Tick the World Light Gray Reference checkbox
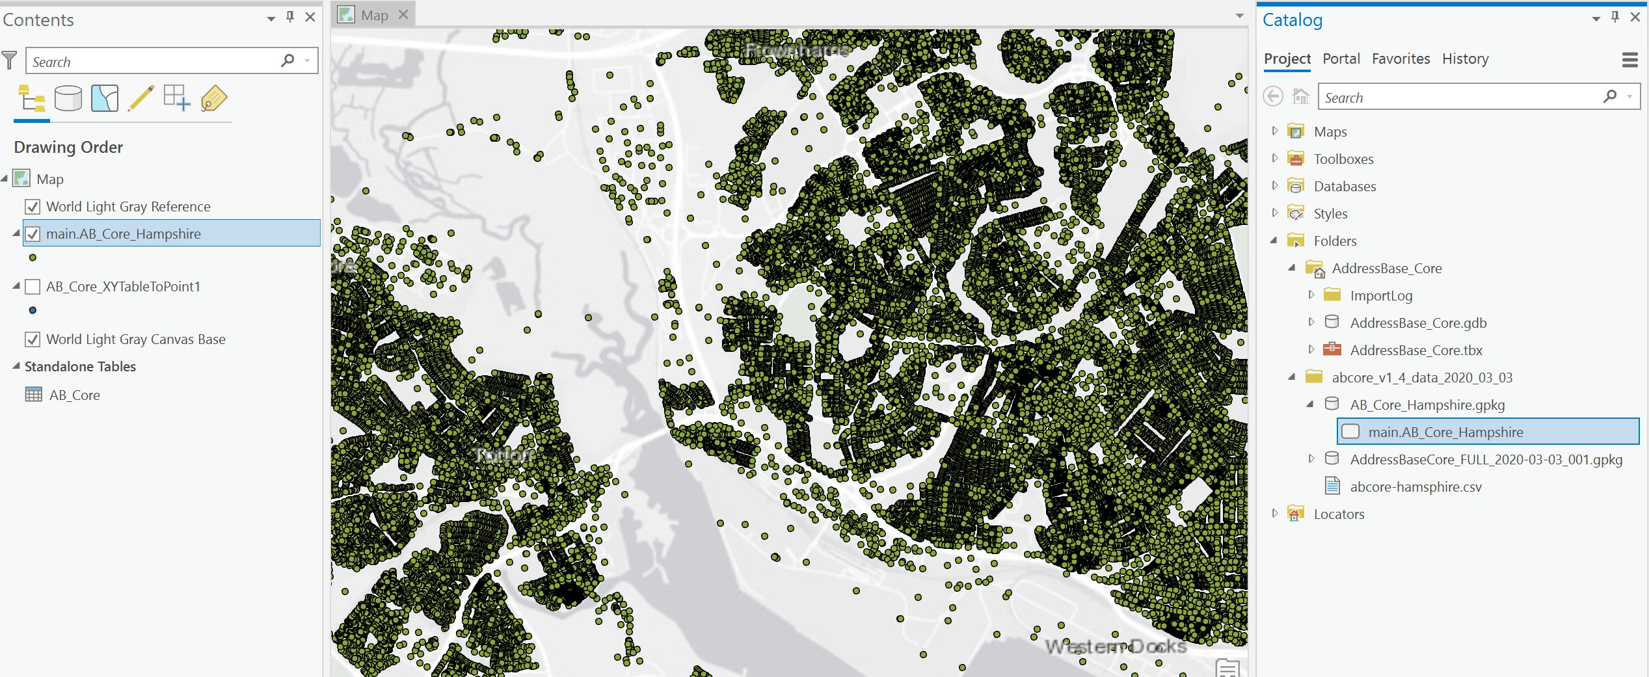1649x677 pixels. (33, 207)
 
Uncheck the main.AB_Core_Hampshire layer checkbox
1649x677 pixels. (33, 234)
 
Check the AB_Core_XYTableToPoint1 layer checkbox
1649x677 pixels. (33, 287)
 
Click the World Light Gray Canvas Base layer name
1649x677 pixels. (135, 339)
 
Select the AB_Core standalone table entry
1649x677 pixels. (74, 395)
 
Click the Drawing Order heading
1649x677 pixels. (68, 148)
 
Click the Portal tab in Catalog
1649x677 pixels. (1341, 59)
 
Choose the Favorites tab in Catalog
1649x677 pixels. (1401, 59)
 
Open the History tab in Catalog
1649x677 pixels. (1465, 59)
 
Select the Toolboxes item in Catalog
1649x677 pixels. (1343, 159)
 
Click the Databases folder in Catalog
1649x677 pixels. (1345, 187)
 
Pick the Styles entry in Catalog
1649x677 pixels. (1330, 214)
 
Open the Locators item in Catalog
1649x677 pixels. (1339, 514)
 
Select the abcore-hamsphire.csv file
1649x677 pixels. (1415, 487)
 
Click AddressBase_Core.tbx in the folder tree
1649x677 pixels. (1415, 351)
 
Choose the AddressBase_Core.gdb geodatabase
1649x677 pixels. (1418, 323)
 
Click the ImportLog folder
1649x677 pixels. (1381, 296)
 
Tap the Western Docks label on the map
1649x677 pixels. (1115, 646)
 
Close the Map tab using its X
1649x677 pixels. (403, 14)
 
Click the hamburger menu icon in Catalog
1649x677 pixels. (1629, 60)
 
